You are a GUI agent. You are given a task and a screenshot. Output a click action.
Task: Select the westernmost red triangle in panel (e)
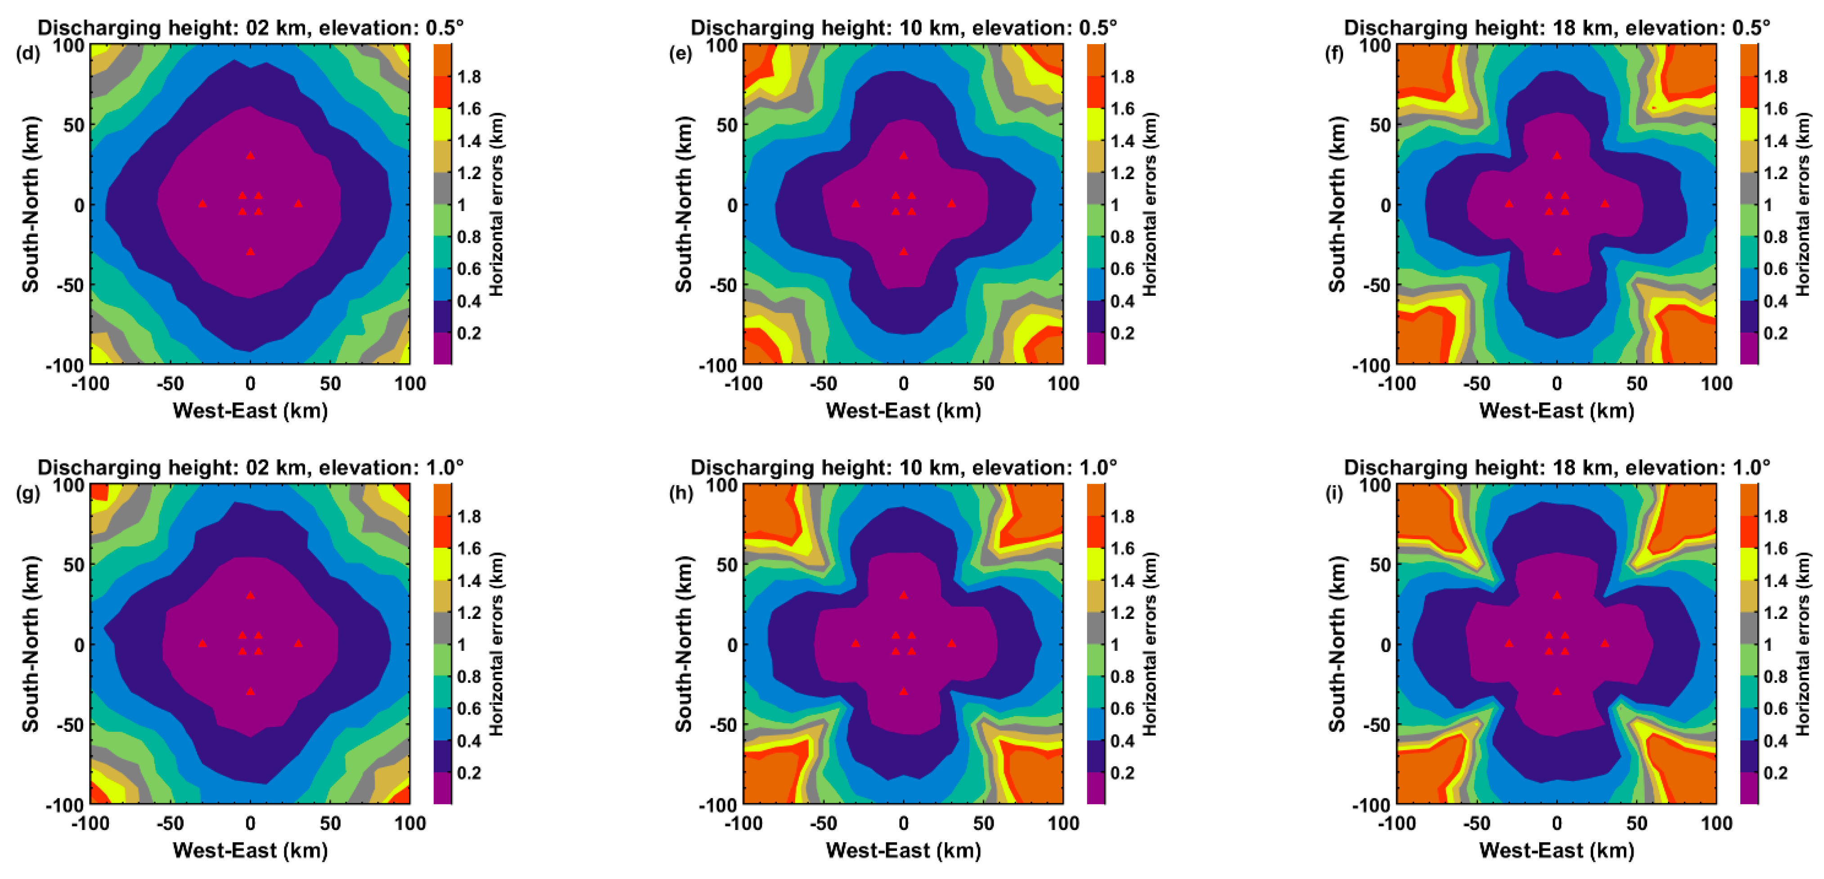(x=856, y=203)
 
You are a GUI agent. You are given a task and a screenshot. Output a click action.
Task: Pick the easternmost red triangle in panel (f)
(x=1604, y=203)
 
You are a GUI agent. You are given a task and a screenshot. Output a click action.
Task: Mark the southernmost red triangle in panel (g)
(x=250, y=690)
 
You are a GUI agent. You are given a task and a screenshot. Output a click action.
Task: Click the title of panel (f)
(x=1556, y=27)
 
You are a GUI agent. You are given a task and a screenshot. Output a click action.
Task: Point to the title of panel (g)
(x=250, y=468)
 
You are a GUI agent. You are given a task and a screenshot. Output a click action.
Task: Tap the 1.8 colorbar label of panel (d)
(x=469, y=77)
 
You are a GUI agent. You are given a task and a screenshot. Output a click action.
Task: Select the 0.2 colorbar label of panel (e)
(x=1122, y=333)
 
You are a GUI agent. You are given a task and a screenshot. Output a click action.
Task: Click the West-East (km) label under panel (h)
(x=903, y=850)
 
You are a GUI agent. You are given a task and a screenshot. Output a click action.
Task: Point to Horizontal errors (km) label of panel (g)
(x=497, y=644)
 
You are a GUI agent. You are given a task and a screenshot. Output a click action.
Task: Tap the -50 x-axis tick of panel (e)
(x=823, y=384)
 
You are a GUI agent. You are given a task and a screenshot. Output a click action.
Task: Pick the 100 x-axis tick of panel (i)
(x=1716, y=824)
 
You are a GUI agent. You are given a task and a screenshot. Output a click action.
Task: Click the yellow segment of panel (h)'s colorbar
(x=1095, y=564)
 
